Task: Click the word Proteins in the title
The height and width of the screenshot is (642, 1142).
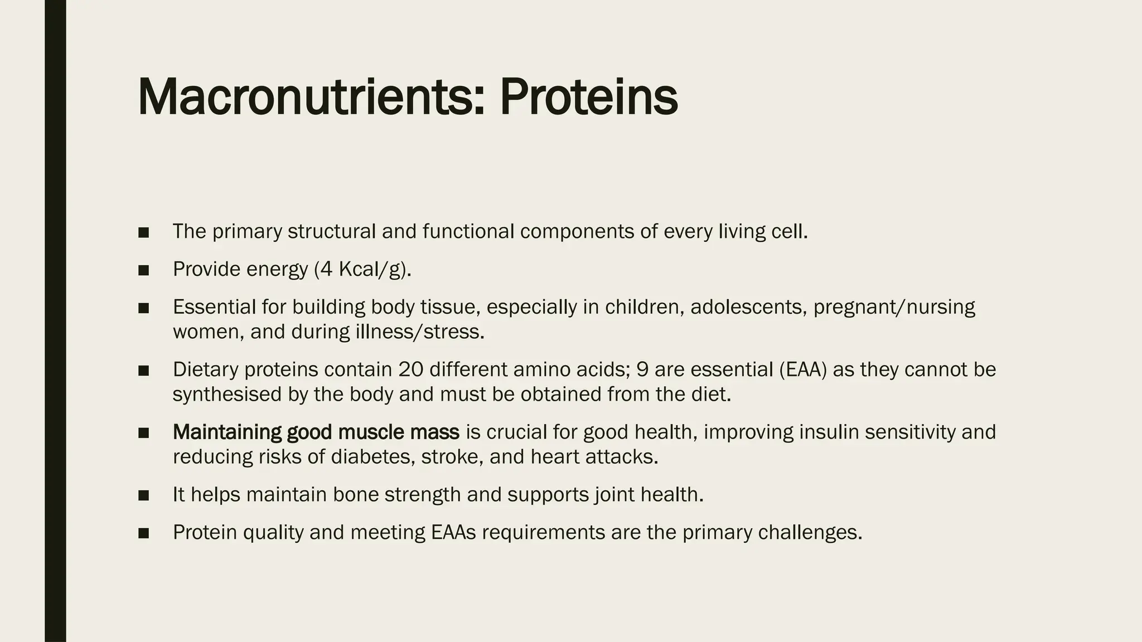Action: click(588, 98)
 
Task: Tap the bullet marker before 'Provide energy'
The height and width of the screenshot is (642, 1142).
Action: click(143, 270)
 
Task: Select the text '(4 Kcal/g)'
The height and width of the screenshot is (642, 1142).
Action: click(362, 270)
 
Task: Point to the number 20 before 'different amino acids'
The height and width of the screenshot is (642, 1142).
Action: click(411, 369)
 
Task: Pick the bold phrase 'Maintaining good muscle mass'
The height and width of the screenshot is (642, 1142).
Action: click(316, 432)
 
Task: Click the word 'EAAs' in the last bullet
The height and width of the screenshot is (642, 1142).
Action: click(453, 533)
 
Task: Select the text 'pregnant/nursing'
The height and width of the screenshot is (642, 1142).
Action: click(894, 307)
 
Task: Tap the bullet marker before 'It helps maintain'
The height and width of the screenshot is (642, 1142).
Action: click(143, 495)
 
